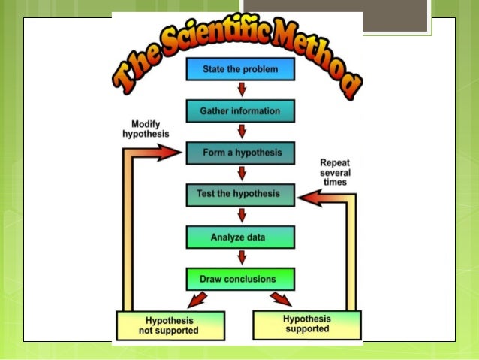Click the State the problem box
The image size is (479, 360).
click(x=240, y=70)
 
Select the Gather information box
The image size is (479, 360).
click(x=240, y=111)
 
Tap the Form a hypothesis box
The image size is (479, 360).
click(x=240, y=153)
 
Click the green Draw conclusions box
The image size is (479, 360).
click(x=240, y=279)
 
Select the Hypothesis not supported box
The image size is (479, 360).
click(x=170, y=325)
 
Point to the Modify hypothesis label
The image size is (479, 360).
click(x=146, y=129)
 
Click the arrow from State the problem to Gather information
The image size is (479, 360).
click(x=241, y=90)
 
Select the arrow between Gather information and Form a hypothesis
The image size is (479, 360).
click(x=241, y=132)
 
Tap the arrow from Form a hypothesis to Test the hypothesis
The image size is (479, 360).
click(x=241, y=174)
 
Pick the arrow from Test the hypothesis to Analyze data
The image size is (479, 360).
click(x=241, y=215)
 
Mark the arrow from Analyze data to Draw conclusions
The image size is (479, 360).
click(x=241, y=257)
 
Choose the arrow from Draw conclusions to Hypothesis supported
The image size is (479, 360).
click(x=283, y=300)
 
